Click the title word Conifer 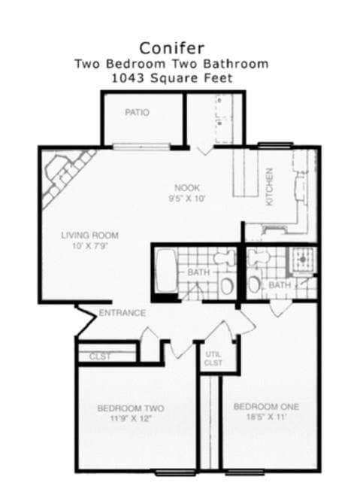tap(171, 48)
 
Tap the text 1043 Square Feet tap(171, 78)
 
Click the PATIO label tap(137, 113)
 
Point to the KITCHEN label tap(268, 187)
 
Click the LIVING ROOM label tap(89, 235)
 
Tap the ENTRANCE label tap(122, 313)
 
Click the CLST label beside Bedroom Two tap(100, 357)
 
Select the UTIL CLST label tap(213, 359)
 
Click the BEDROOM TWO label tap(131, 408)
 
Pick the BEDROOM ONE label tap(266, 407)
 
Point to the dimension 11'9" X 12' tap(131, 419)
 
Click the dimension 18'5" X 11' tap(266, 417)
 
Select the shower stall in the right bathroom tap(304, 260)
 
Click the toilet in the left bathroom tap(222, 258)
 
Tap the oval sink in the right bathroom tap(255, 284)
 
